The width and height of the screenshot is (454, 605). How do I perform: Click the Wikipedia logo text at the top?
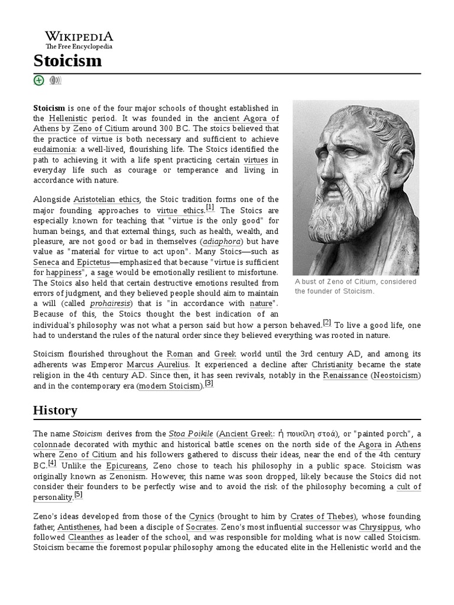click(x=79, y=36)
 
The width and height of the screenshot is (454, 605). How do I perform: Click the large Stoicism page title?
click(x=67, y=60)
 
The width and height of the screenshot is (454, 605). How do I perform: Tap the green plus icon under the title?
click(x=39, y=80)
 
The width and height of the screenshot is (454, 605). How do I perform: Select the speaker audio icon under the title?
click(x=55, y=80)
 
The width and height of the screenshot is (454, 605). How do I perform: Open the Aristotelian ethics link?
click(x=107, y=199)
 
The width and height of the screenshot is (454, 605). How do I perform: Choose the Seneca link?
click(x=46, y=262)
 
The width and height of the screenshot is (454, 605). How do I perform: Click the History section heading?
click(x=55, y=410)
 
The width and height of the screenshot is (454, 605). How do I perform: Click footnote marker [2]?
click(x=327, y=323)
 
